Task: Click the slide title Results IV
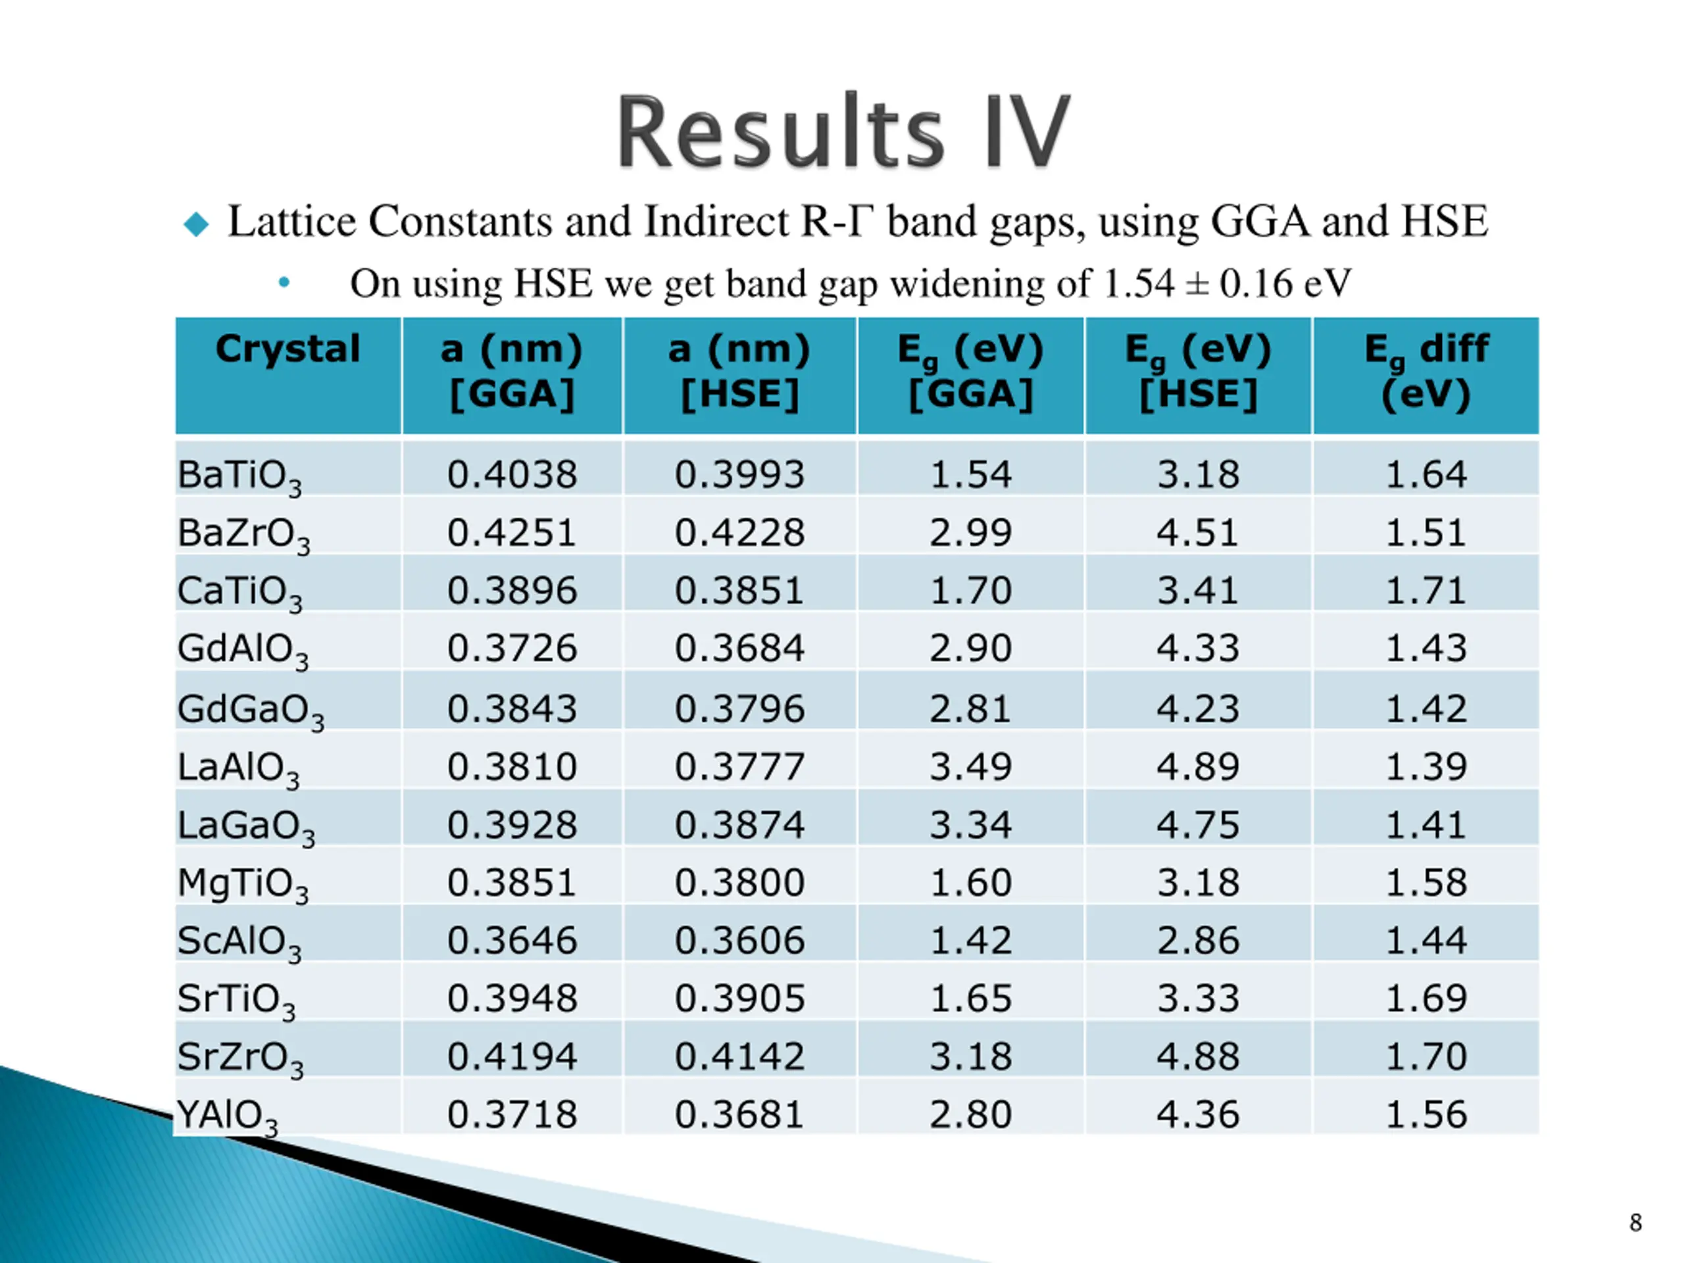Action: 843,132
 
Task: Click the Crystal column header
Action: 287,349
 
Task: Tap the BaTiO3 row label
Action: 239,476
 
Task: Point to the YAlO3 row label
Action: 227,1115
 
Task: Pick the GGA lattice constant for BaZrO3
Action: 512,532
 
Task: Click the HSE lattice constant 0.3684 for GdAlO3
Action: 739,648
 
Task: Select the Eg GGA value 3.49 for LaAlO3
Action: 971,766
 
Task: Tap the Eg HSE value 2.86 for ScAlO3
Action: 1199,940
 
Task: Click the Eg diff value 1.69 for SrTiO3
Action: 1426,998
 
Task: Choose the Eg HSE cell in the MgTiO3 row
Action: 1199,882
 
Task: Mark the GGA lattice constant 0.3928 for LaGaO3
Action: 512,824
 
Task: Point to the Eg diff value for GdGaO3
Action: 1426,708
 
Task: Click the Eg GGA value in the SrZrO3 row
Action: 971,1056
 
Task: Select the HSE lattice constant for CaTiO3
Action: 739,590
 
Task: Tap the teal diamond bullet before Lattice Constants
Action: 197,224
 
